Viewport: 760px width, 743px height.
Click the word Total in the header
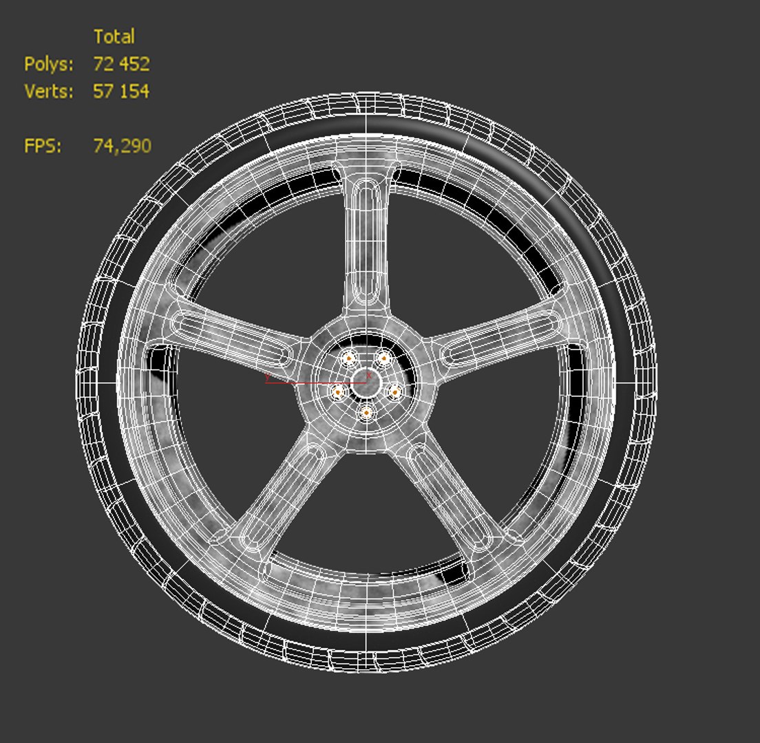click(114, 36)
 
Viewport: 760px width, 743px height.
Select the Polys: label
click(48, 64)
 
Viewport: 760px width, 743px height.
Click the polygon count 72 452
click(121, 64)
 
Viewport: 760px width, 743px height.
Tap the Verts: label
click(48, 91)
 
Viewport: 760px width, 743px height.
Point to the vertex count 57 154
click(121, 91)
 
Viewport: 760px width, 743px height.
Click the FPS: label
click(43, 146)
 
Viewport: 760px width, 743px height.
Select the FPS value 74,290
click(122, 146)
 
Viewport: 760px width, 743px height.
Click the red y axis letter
click(267, 377)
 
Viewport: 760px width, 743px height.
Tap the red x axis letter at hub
click(369, 376)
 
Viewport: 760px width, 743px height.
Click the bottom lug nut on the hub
click(367, 413)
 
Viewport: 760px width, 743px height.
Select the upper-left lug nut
click(349, 358)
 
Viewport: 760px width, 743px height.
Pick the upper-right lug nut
click(383, 358)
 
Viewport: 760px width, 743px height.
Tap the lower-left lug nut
click(338, 392)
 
